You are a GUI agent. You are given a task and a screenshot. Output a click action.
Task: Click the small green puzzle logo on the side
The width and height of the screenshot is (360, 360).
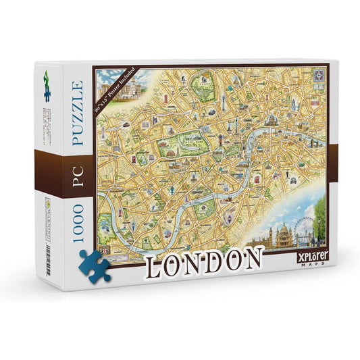click(47, 77)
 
